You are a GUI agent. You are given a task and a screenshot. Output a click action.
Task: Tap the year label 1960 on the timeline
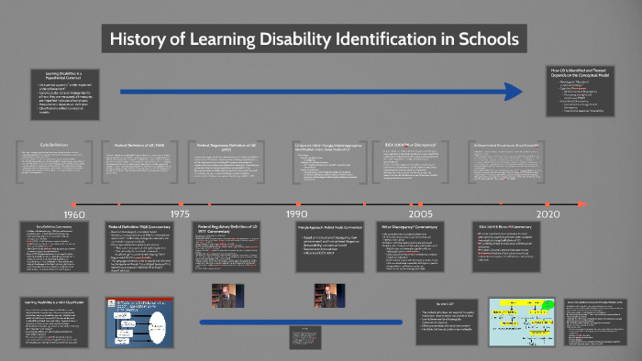[74, 213]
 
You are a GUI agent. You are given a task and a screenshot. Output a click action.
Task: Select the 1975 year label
[180, 213]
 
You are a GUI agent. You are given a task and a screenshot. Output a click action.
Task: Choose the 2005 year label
[421, 213]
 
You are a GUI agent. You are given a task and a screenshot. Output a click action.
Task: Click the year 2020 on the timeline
[548, 213]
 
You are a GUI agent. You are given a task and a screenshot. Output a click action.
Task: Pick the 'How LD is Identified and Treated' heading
[586, 72]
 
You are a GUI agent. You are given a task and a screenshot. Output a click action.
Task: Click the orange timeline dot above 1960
[74, 203]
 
